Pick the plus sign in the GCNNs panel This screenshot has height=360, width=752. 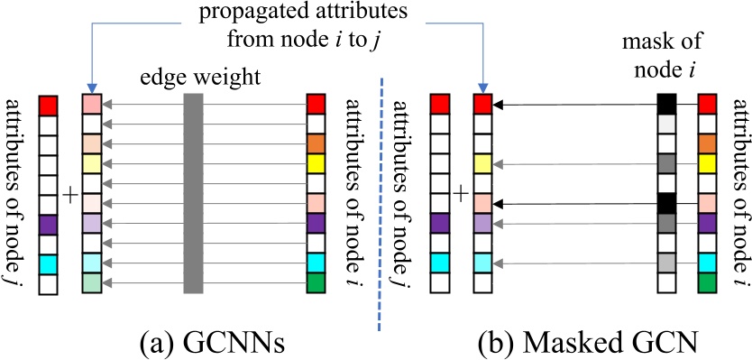click(x=69, y=193)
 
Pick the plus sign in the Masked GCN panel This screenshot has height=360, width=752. click(x=461, y=193)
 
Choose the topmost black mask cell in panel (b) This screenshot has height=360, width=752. click(x=667, y=104)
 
